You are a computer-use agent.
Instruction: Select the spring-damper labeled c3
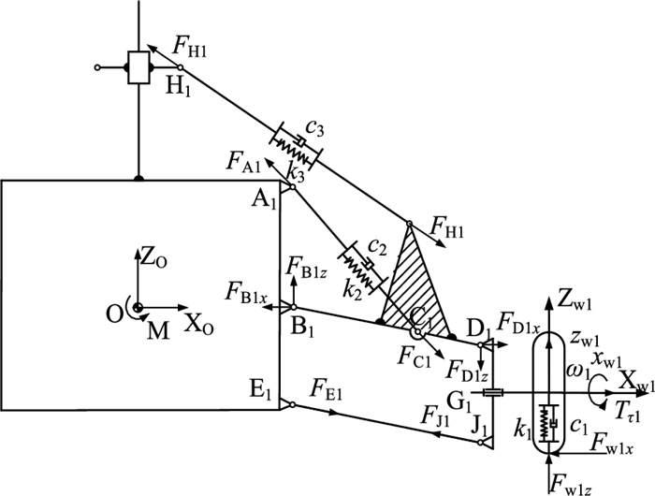[x=296, y=146]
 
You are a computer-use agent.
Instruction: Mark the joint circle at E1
[x=293, y=404]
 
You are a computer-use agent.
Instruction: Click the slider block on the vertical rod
[x=138, y=67]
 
